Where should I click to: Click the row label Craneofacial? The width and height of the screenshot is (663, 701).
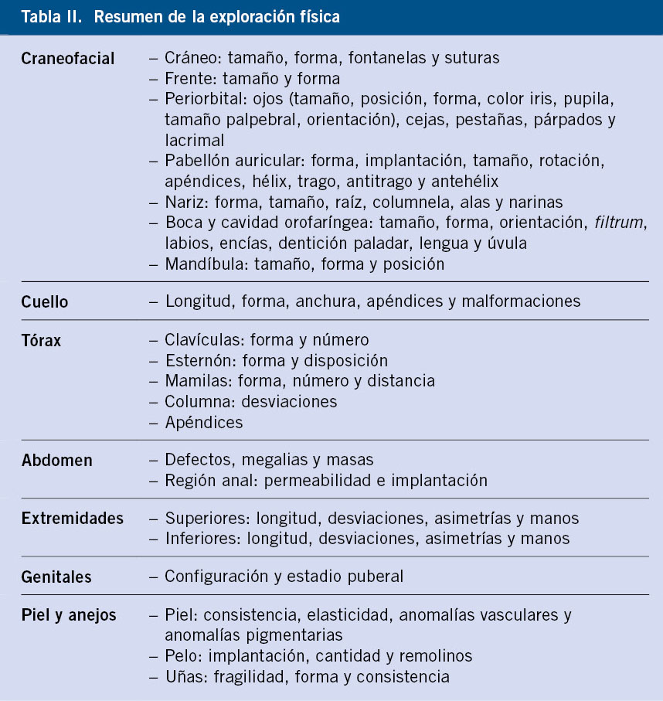point(68,58)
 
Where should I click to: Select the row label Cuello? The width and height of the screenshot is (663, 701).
point(45,301)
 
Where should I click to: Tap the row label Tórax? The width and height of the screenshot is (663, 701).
point(41,340)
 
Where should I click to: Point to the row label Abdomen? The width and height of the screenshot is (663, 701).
point(56,461)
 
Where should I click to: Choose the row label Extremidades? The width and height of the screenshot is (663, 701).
point(72,519)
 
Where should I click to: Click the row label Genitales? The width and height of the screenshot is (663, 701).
point(56,577)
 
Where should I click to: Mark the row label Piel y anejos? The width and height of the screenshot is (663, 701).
point(69,616)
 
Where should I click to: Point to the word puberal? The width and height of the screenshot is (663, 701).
point(377,577)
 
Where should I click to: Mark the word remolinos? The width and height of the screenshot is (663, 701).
point(436,656)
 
